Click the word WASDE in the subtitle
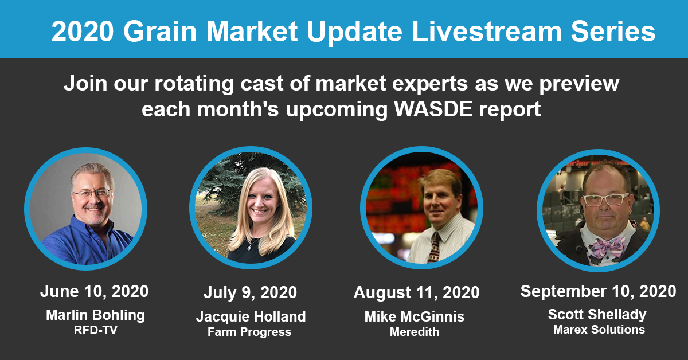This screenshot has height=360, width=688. (433, 109)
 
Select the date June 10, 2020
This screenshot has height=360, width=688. (94, 291)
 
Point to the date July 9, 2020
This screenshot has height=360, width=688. (250, 292)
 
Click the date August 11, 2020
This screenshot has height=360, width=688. (416, 292)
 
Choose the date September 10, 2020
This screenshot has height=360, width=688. (598, 291)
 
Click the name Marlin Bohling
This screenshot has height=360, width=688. (96, 315)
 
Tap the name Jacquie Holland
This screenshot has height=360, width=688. (251, 316)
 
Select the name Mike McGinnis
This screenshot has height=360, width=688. (415, 316)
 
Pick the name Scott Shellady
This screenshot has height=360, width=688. (597, 315)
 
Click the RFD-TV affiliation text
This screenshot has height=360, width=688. (96, 330)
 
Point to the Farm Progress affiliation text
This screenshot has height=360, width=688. (249, 332)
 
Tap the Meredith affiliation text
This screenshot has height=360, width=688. (415, 332)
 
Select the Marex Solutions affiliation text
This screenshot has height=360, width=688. (599, 330)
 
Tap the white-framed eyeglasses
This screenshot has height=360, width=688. (605, 199)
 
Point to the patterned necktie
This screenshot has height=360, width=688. (433, 248)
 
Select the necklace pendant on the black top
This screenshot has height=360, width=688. (249, 248)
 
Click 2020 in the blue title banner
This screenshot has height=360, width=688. (83, 32)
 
